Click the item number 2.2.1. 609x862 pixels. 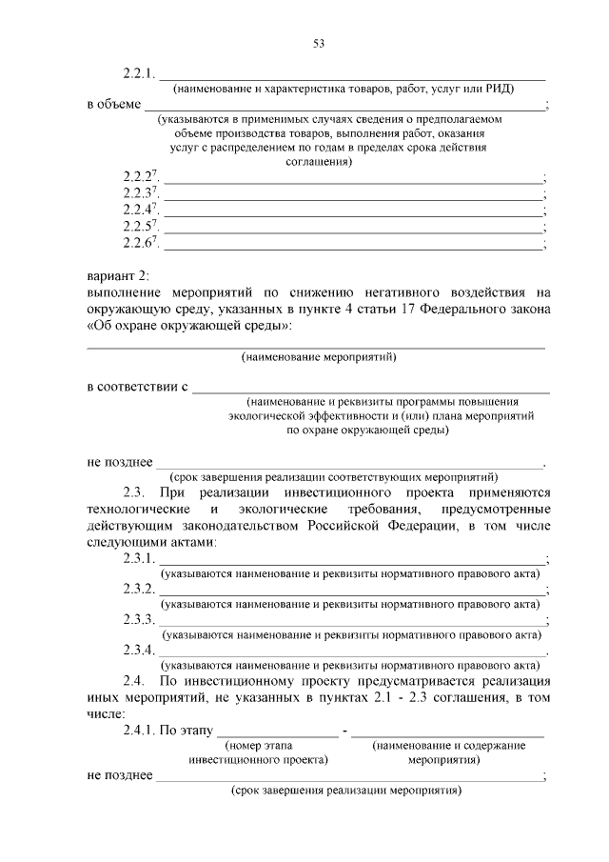click(x=138, y=73)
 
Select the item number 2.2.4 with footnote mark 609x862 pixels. click(x=140, y=209)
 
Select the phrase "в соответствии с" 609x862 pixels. click(x=138, y=388)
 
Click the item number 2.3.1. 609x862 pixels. click(x=138, y=559)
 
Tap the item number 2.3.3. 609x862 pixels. click(x=138, y=620)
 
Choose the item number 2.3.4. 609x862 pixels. click(x=138, y=651)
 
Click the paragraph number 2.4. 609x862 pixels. click(x=132, y=681)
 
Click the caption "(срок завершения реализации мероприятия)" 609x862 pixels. click(x=346, y=791)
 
